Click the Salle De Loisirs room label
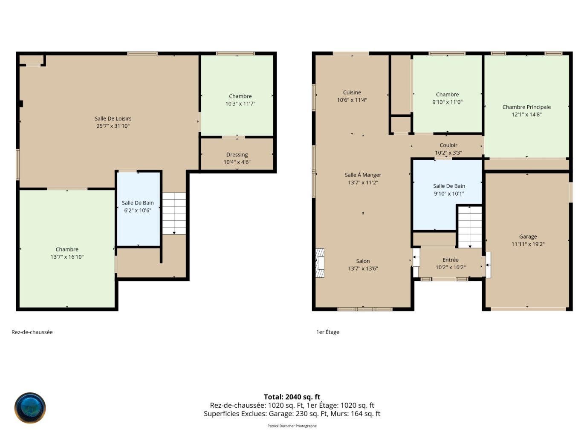(x=113, y=118)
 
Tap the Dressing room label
(x=237, y=155)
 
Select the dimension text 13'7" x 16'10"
(x=67, y=257)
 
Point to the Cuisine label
(x=352, y=92)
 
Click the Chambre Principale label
(x=526, y=107)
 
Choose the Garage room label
(x=528, y=237)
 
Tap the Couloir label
(x=448, y=145)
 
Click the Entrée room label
(x=450, y=260)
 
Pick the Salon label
(x=363, y=261)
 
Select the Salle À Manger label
(x=363, y=175)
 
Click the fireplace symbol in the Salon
(x=320, y=263)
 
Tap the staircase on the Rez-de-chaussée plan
(x=174, y=213)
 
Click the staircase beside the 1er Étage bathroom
(x=470, y=227)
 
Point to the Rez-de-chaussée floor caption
(x=32, y=332)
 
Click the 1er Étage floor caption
(x=327, y=332)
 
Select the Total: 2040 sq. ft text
(x=292, y=397)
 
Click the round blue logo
(x=30, y=408)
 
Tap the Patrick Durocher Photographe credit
(x=292, y=426)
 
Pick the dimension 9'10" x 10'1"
(x=449, y=193)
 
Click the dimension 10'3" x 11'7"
(x=240, y=104)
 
